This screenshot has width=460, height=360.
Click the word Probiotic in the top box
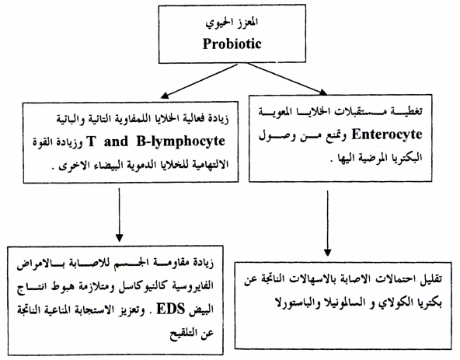232,44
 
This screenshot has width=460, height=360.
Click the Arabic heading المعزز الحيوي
232,23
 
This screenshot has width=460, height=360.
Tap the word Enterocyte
387,135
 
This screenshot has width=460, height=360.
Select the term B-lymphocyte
180,142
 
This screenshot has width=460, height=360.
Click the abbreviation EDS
171,309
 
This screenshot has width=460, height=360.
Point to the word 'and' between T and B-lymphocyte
117,142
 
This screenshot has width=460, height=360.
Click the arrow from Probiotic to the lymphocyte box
199,81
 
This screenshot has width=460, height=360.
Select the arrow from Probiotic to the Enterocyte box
287,79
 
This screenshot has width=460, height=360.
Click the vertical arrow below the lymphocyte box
119,215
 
